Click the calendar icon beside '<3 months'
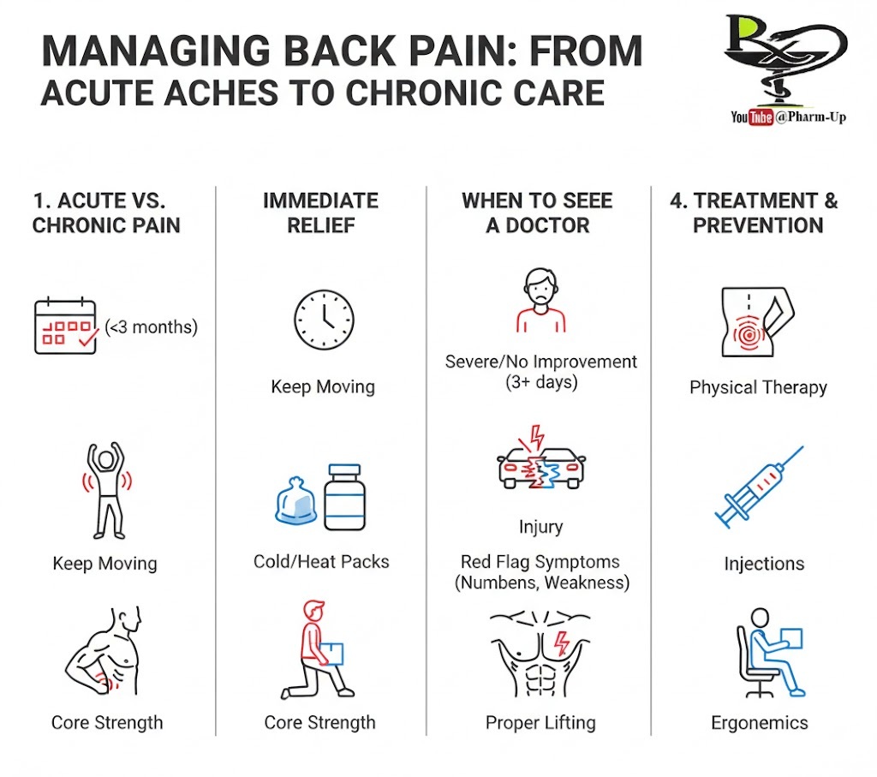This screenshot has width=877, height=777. [64, 326]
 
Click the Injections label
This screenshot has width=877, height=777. [764, 564]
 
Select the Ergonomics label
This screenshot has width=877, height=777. [759, 723]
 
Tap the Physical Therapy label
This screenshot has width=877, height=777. [758, 387]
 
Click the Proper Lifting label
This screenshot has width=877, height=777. [540, 723]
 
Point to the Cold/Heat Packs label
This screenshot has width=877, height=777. [321, 562]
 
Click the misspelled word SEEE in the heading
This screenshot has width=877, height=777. [588, 200]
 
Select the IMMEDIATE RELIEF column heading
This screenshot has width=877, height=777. [320, 212]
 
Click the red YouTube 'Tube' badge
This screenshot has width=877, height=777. [761, 117]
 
